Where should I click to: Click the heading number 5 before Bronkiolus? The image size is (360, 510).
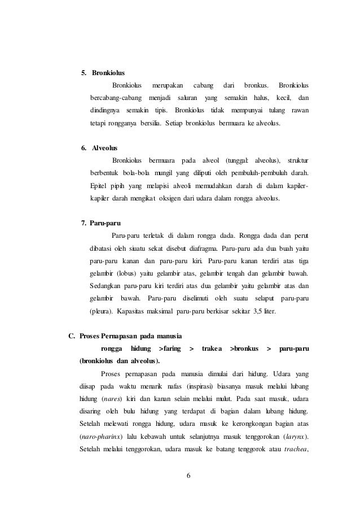84,73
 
